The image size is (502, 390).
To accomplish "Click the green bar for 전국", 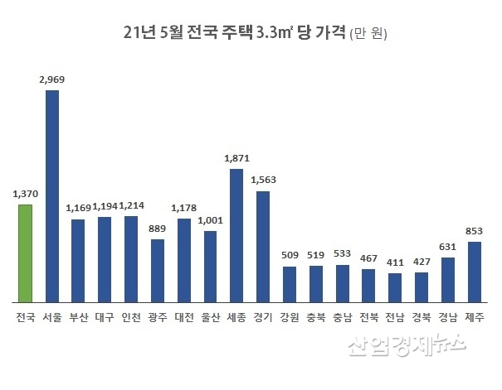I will coord(25,253).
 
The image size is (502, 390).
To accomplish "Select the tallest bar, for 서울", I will coord(51,195).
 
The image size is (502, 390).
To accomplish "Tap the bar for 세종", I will coord(236,235).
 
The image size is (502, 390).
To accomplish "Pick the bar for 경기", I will coord(263,246).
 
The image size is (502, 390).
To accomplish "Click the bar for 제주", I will coord(475,272).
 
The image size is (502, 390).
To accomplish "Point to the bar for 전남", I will coord(395,287).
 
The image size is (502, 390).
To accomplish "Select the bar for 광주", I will coord(157,270).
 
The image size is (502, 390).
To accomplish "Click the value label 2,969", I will coord(51,80).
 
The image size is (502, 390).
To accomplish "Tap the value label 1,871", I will coord(236,158).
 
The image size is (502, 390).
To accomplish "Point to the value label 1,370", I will coord(26,194).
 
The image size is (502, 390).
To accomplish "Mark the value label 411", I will coord(395,263).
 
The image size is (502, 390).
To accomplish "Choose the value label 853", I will coord(475,231).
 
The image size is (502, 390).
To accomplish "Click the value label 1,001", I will coord(210,220).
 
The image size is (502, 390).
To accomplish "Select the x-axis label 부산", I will coord(78,317).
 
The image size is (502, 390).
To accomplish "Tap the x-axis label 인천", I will coord(131,317).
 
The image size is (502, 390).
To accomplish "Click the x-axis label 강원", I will coord(290,317).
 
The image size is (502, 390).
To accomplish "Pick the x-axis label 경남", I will coord(448,317).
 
